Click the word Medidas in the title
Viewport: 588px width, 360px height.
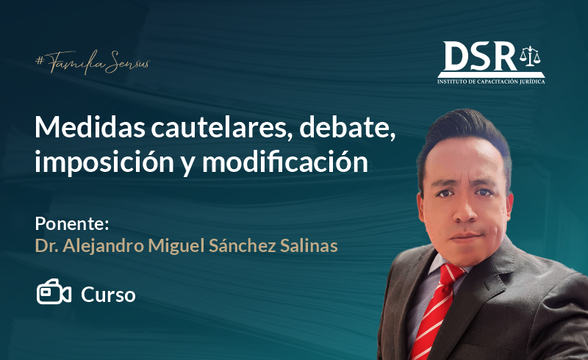(90, 127)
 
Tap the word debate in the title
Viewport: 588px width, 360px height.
(347, 128)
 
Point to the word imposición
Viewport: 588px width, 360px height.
(104, 162)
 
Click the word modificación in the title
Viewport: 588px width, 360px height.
(285, 161)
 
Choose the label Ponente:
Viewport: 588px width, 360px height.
(72, 224)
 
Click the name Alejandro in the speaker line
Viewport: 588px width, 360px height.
(103, 246)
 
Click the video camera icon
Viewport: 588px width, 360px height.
(54, 292)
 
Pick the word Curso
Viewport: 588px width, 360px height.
(108, 295)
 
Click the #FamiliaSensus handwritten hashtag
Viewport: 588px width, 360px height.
(93, 62)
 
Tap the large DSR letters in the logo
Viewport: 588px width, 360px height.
(480, 57)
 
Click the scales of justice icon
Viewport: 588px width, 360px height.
(530, 57)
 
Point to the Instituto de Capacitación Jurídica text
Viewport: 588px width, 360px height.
(491, 82)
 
